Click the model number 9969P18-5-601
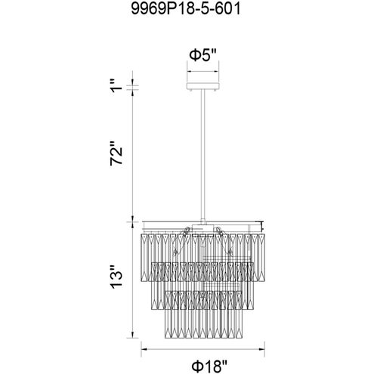(x=186, y=9)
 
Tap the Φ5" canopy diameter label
(x=202, y=55)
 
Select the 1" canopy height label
(x=116, y=85)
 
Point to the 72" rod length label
(x=116, y=153)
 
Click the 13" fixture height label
(x=116, y=277)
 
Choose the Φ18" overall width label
(x=209, y=366)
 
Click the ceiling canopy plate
(x=203, y=85)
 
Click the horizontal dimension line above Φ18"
(x=202, y=349)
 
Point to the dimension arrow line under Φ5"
(x=202, y=72)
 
